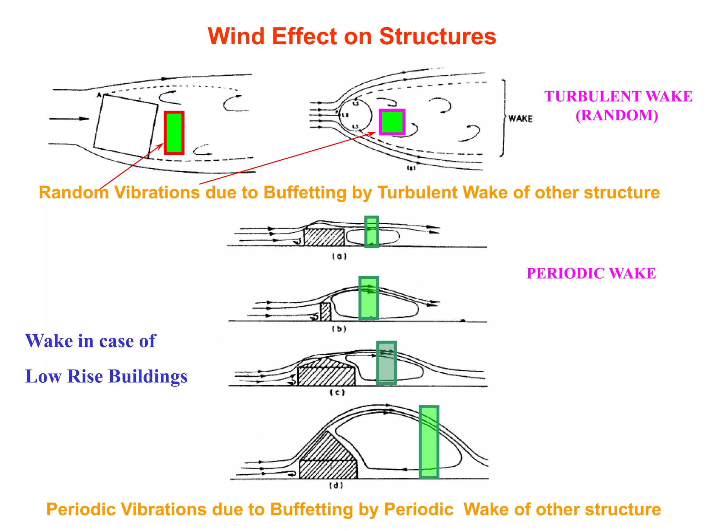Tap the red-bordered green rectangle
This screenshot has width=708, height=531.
(x=174, y=133)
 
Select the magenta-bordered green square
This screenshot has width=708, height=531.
(x=392, y=122)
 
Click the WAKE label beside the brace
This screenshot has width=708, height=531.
(x=520, y=119)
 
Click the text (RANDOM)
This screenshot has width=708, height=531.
(x=617, y=115)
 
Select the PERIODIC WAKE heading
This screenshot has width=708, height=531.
(x=591, y=273)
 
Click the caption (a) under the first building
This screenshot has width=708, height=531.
(x=339, y=257)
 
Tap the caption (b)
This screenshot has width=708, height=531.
(x=339, y=329)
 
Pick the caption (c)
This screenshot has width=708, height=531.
(x=337, y=393)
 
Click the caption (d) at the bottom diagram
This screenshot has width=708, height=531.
(x=336, y=486)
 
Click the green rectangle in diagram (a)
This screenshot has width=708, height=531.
(x=372, y=232)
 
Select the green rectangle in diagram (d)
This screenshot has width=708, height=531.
(x=429, y=442)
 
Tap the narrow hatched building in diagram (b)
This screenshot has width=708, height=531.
(x=325, y=312)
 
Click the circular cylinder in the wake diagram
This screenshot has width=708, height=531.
(x=355, y=115)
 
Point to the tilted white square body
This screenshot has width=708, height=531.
(x=126, y=126)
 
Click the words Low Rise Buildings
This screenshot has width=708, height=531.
(x=106, y=376)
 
